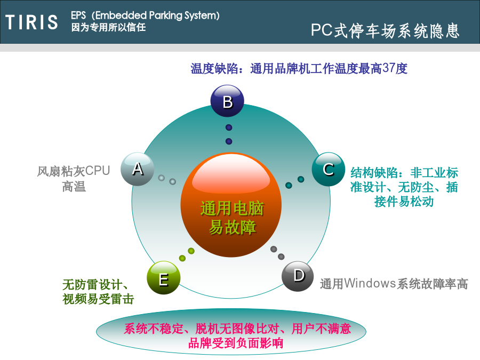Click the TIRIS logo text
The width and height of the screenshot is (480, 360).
point(31,22)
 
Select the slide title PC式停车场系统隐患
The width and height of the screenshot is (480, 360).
point(385,30)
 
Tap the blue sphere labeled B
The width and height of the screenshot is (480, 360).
point(227,101)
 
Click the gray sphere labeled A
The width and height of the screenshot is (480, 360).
point(138,169)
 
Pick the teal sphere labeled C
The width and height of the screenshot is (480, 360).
point(329,169)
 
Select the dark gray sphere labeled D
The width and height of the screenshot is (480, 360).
point(298,276)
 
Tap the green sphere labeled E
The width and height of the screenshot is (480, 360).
point(164,278)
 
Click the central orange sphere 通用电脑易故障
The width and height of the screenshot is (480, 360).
point(231,204)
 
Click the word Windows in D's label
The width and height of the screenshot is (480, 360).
point(370,284)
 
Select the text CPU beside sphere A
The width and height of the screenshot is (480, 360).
point(98,171)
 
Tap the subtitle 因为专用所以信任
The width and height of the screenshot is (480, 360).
point(108,27)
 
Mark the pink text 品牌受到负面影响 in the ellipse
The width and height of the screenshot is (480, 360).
point(236,343)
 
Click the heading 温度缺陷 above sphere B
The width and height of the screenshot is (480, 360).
point(214,68)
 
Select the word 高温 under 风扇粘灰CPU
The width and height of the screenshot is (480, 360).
point(74,186)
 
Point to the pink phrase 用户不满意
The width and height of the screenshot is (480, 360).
point(321,329)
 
